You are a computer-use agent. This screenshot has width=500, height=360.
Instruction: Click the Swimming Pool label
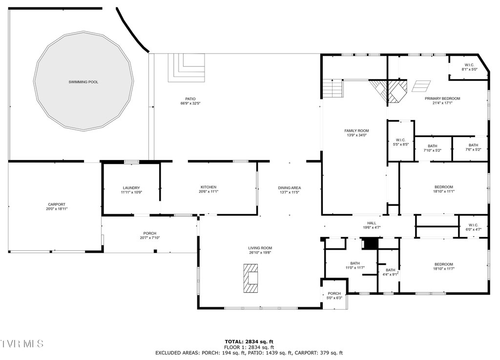(83, 82)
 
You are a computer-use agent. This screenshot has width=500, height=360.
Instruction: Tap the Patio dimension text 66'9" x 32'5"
(190, 103)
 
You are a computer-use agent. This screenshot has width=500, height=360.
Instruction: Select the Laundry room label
(131, 188)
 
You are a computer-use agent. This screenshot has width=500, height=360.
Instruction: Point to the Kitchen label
(208, 187)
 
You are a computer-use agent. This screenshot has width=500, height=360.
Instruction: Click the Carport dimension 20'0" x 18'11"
(57, 209)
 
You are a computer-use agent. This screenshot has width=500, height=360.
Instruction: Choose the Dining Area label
(289, 188)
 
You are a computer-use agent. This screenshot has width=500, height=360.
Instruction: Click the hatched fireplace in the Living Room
(251, 278)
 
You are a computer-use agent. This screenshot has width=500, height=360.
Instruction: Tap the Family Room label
(356, 131)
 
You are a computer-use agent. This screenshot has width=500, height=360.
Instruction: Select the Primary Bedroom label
(442, 99)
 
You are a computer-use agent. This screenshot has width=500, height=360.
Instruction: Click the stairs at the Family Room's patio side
(332, 89)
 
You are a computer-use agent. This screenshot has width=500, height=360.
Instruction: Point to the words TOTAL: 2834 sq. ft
(249, 342)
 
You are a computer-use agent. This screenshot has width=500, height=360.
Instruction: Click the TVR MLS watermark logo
(21, 343)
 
